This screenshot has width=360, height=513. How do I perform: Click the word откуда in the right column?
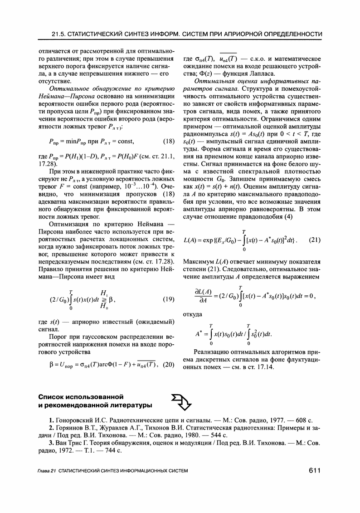tap(192, 313)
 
